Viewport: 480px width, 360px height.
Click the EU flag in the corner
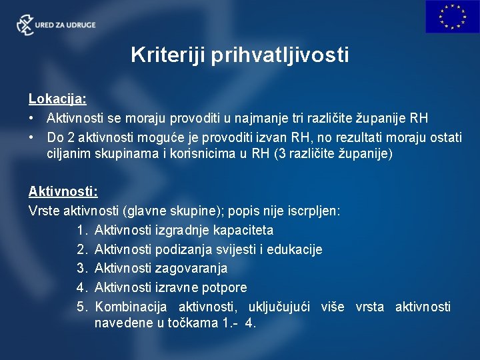(452, 17)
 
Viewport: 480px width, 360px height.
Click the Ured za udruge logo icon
(25, 25)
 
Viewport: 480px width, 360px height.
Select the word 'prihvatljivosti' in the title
(279, 55)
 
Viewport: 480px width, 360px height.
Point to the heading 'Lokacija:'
(57, 99)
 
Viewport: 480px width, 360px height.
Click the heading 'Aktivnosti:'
(63, 191)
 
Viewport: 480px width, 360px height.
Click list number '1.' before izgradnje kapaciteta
(83, 230)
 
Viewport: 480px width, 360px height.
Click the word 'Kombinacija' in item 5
(130, 307)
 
